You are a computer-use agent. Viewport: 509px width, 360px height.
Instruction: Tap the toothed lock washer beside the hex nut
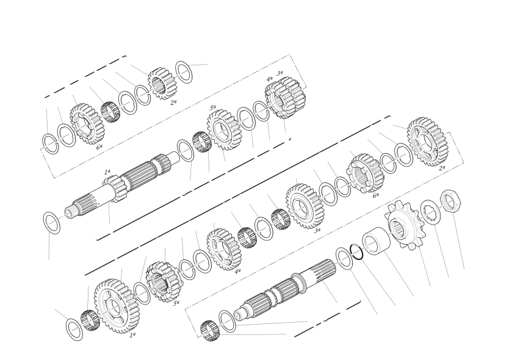(431, 212)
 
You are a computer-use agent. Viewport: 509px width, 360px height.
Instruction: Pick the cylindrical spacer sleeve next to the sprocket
(375, 242)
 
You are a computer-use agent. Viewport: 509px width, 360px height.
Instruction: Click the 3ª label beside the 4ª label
(280, 73)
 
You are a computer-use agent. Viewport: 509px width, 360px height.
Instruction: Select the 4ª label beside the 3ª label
(269, 79)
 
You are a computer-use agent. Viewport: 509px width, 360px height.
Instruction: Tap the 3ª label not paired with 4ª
(317, 230)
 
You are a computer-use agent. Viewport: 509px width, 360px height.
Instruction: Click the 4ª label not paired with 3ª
(237, 270)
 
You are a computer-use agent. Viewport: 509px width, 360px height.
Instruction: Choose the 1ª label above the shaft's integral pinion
(107, 171)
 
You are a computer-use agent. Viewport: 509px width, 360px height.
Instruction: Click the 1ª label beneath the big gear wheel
(132, 335)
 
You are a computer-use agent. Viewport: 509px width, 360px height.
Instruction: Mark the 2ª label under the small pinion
(173, 103)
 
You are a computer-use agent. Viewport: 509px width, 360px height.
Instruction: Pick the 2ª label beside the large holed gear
(442, 168)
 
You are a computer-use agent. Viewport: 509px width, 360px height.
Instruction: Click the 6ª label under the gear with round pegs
(375, 195)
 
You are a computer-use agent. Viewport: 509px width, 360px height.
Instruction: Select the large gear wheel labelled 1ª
(117, 306)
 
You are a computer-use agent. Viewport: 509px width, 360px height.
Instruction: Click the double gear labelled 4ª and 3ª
(285, 97)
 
